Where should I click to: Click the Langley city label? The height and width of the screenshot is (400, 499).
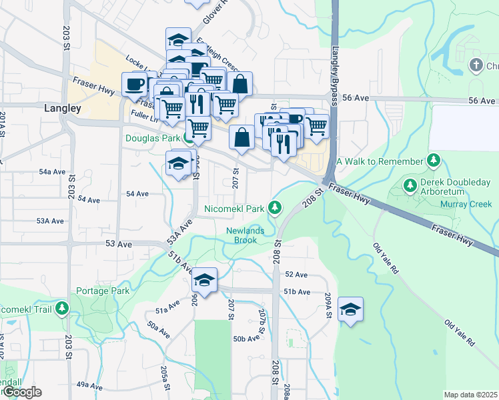(x=62, y=108)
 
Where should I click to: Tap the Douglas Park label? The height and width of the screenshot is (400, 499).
(x=153, y=138)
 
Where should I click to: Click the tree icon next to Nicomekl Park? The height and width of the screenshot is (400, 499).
(x=274, y=209)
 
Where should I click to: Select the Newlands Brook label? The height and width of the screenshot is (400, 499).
(x=243, y=235)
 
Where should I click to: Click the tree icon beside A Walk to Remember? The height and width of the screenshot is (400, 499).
(x=434, y=161)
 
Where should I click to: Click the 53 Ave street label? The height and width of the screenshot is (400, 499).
(x=119, y=245)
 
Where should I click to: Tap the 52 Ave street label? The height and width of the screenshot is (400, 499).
(x=296, y=275)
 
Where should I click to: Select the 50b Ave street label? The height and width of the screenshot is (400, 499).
(x=246, y=339)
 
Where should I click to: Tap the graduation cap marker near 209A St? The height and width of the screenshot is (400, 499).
(x=350, y=309)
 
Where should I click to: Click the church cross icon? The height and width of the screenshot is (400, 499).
(x=476, y=65)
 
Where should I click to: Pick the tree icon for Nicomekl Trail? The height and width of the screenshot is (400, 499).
(x=62, y=308)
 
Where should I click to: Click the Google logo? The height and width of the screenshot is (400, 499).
(x=22, y=392)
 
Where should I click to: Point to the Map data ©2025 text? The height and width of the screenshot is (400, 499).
(x=470, y=395)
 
